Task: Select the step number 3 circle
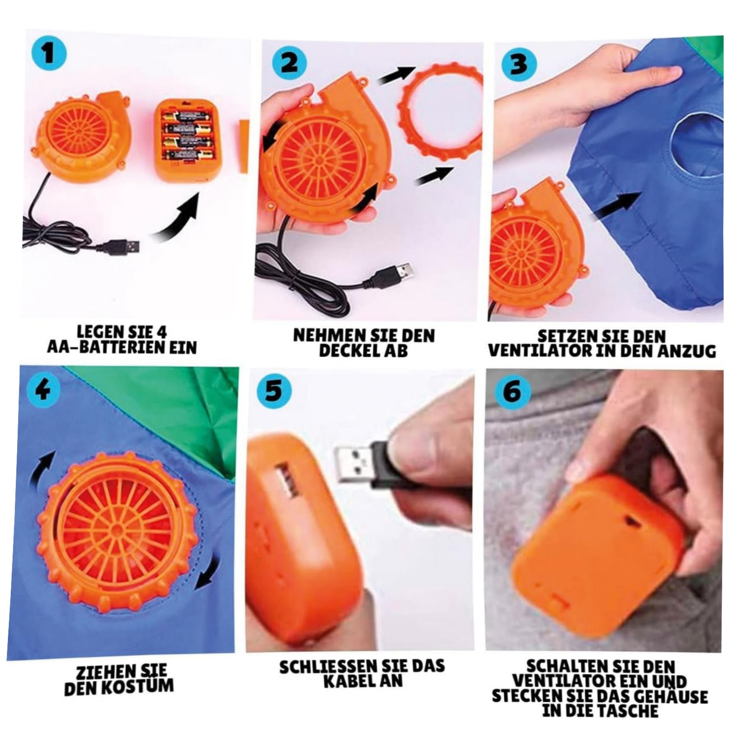pyautogui.click(x=519, y=64)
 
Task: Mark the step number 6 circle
pyautogui.click(x=513, y=391)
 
